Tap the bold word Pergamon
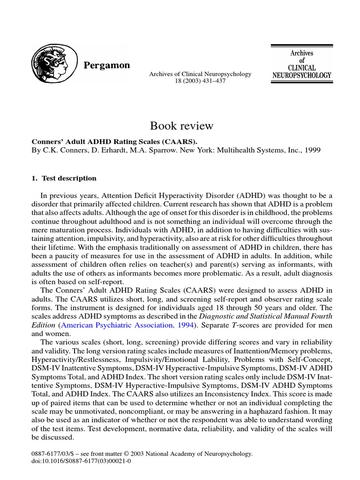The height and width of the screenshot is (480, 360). pos(106,66)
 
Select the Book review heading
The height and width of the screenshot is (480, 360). pos(181,126)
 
